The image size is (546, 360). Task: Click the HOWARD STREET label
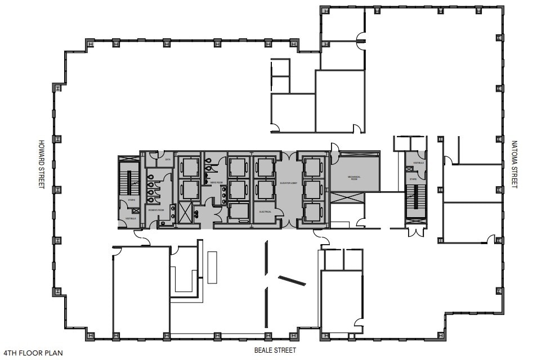point(41,164)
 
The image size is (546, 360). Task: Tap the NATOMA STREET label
point(513,164)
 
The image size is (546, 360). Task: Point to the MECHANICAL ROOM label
point(353,178)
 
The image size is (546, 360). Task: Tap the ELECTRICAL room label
point(265,211)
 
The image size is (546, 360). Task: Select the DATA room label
point(167,159)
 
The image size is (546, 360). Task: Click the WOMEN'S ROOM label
point(155,209)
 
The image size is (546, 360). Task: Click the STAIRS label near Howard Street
point(131,199)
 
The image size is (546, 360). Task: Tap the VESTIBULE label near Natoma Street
point(418,163)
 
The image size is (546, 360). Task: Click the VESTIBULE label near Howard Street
point(131,218)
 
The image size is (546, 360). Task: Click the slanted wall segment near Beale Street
point(292,280)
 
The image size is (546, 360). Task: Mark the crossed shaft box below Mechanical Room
point(347,198)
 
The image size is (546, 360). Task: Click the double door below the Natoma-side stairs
point(417,231)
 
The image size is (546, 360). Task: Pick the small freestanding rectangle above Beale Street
point(213,267)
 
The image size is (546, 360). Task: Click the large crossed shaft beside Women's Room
point(185,213)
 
